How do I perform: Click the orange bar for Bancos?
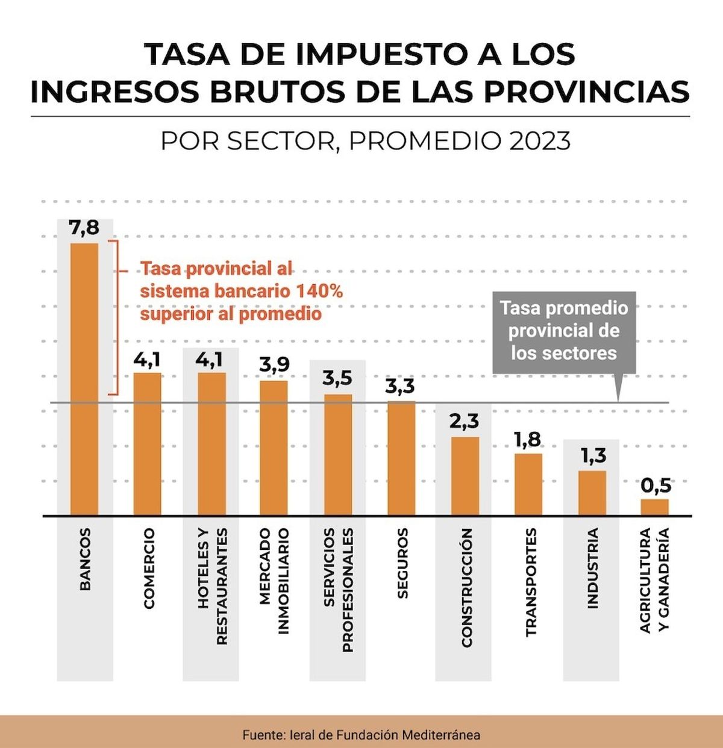(84, 379)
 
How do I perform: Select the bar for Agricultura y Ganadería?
(654, 507)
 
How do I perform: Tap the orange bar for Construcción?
(465, 476)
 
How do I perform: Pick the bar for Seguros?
(401, 458)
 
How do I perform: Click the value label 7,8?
(84, 229)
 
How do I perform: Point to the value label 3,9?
(274, 365)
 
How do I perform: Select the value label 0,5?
(656, 485)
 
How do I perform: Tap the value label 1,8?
(528, 440)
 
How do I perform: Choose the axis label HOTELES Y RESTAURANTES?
(213, 586)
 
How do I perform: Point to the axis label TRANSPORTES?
(530, 582)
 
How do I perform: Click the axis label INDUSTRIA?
(593, 568)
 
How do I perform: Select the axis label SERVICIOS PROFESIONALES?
(337, 590)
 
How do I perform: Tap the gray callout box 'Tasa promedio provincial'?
(564, 331)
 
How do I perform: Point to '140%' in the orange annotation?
(319, 291)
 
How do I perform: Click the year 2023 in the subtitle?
(540, 142)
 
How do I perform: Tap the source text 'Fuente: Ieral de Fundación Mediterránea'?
(361, 735)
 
